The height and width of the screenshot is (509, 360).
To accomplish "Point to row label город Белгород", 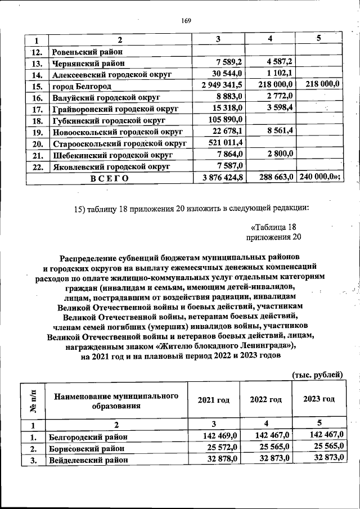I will coord(82,87).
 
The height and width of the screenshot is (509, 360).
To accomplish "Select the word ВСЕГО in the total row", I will coord(109,178).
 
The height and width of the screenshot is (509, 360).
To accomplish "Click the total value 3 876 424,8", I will coord(218,178).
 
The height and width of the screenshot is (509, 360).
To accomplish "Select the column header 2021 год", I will coord(213,400).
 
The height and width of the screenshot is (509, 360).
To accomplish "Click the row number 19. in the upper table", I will coord(37,132).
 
